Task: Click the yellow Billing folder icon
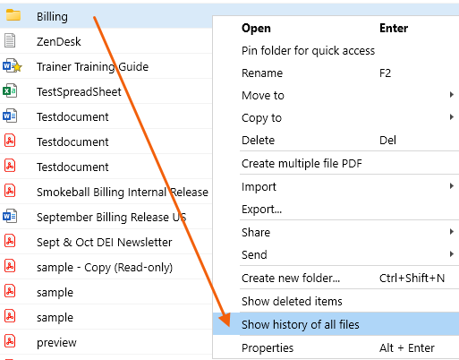(13, 15)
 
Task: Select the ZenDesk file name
(59, 41)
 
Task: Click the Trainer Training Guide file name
(92, 66)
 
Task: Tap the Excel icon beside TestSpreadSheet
(10, 90)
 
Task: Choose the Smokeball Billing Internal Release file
(123, 192)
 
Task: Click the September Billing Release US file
(112, 217)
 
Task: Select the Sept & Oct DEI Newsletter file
(105, 242)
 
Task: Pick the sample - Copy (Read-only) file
(105, 267)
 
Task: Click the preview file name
(56, 343)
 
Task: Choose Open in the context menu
(256, 29)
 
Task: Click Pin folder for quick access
(308, 51)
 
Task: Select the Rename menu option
(262, 73)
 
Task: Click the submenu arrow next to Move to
(452, 95)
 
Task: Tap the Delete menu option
(258, 141)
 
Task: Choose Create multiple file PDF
(302, 164)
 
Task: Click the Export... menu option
(261, 210)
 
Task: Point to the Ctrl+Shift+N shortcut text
(412, 279)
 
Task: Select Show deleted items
(292, 302)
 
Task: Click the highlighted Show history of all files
(301, 324)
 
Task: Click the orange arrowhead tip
(229, 327)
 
